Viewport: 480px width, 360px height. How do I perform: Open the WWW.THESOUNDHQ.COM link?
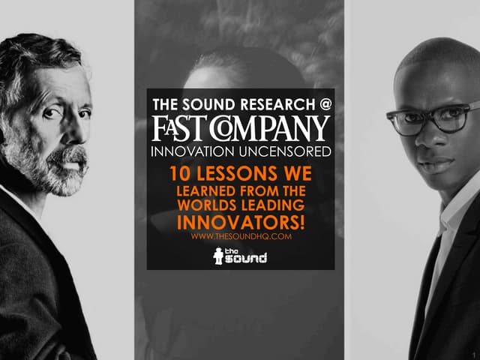[240, 237]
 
